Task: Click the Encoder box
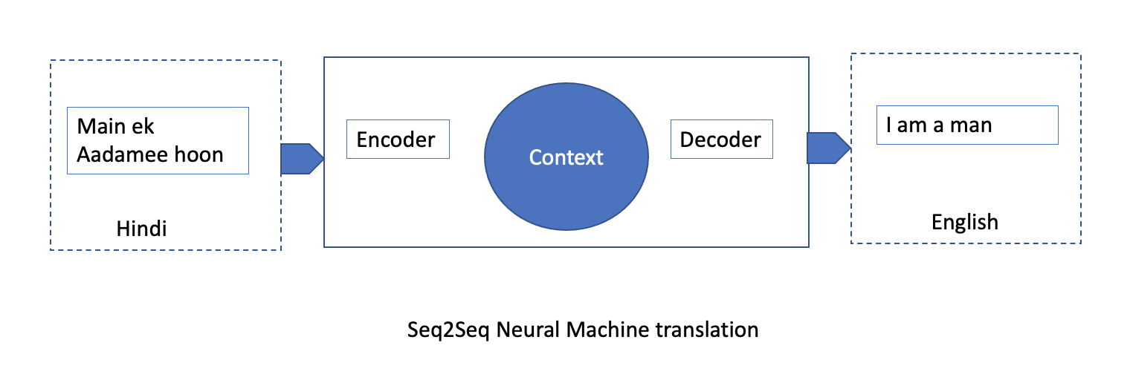point(398,140)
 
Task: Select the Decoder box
point(721,140)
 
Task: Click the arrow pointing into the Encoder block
point(301,158)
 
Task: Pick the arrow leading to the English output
point(827,147)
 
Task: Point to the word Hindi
point(141,229)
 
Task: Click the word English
point(965,221)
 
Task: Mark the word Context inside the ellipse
point(566,157)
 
